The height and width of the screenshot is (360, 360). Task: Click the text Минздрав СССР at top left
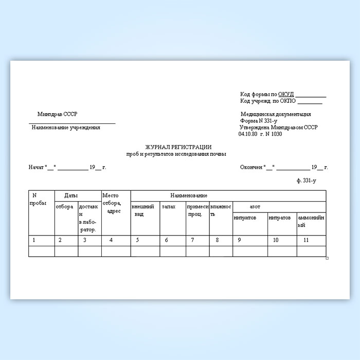point(58,114)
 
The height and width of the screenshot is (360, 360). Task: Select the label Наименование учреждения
point(66,128)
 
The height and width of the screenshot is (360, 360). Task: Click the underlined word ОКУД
point(286,94)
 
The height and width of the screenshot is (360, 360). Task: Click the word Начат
point(37,167)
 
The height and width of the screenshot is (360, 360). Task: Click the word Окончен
point(250,167)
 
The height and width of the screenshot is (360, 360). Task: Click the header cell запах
point(169,207)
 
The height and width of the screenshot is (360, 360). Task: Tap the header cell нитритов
point(245,218)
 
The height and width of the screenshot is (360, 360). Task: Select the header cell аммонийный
point(311,221)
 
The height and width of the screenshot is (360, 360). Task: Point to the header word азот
point(255,207)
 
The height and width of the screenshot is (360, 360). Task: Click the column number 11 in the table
point(306,240)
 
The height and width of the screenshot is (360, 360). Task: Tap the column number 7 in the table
point(192,240)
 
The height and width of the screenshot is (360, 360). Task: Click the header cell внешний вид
point(142,210)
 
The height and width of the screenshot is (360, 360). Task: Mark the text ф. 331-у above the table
point(307,181)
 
